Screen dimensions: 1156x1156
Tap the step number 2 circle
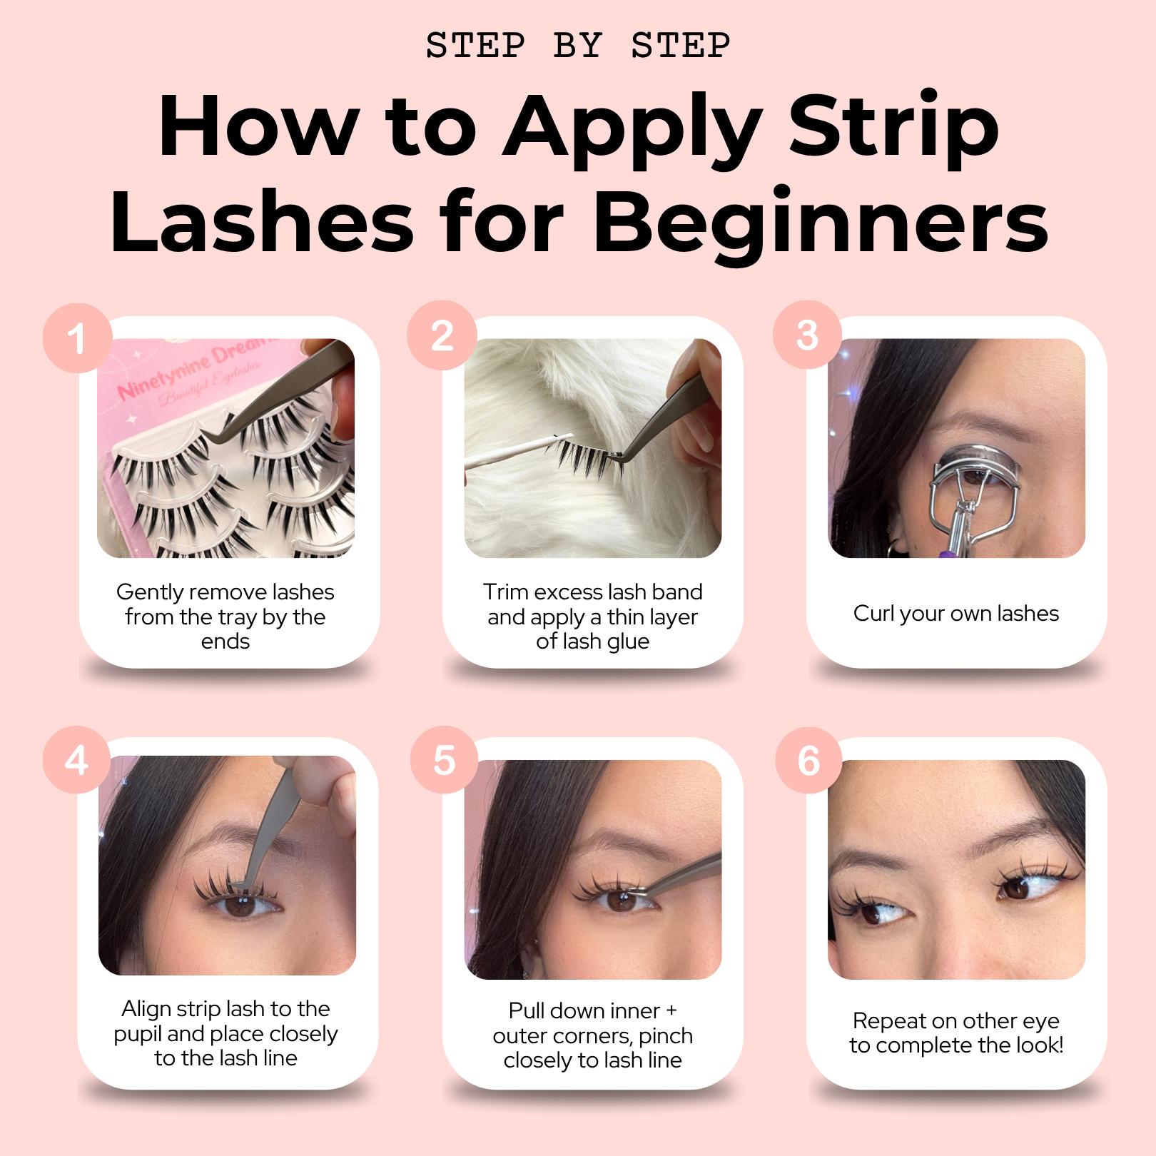(x=442, y=336)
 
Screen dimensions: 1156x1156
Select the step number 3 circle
(x=807, y=336)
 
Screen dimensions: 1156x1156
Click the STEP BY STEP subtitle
(x=578, y=46)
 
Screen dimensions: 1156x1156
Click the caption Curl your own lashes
(x=955, y=613)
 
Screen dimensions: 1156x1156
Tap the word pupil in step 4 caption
(x=138, y=1033)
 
